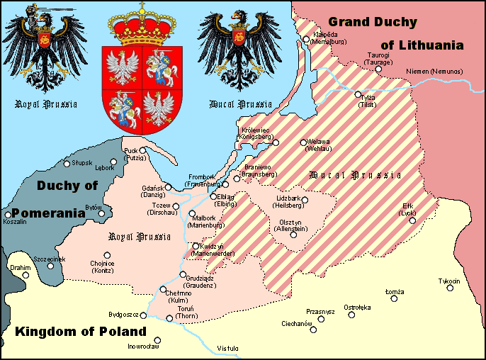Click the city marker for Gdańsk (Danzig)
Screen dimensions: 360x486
point(169,187)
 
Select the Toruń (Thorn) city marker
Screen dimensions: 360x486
point(169,318)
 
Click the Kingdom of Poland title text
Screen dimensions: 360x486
point(81,332)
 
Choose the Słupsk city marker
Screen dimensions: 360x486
point(67,164)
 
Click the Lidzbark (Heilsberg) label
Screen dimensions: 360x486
point(288,202)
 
